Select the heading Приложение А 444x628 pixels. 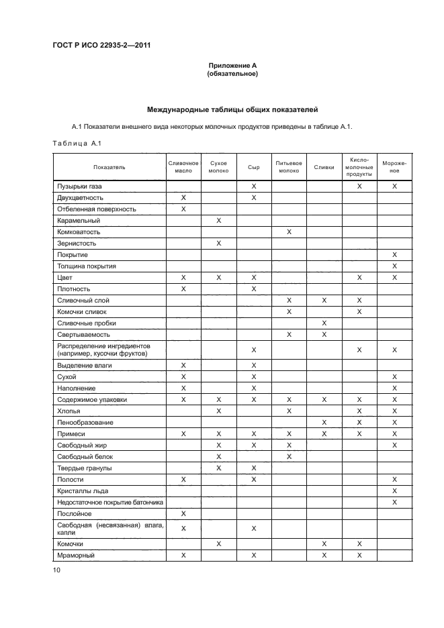[x=232, y=66]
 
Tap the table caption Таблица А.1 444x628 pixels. [x=76, y=143]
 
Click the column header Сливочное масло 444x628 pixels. [x=183, y=167]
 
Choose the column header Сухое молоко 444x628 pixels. [x=218, y=167]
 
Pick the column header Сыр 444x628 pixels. [x=253, y=167]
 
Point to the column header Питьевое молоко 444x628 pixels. [x=289, y=167]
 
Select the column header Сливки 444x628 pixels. [x=324, y=167]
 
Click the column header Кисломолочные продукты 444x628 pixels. [x=359, y=167]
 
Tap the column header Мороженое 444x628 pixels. [x=394, y=167]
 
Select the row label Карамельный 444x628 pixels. [x=79, y=220]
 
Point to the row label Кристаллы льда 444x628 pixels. [x=81, y=491]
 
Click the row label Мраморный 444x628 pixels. [x=76, y=556]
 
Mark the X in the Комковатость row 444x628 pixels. [x=289, y=231]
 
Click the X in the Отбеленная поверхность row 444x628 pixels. [x=183, y=209]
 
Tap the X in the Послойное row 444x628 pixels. [x=183, y=513]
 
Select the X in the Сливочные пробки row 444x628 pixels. [x=324, y=323]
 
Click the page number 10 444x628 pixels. [x=56, y=570]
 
